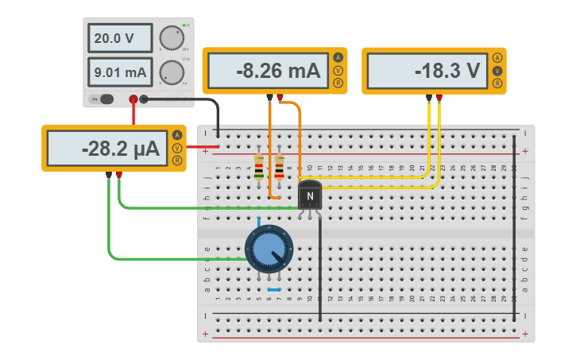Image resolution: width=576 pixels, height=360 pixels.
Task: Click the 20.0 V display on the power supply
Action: click(x=119, y=38)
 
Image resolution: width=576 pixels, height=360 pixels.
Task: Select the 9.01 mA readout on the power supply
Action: click(x=119, y=73)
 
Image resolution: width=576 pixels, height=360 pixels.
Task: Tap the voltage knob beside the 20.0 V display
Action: click(x=169, y=37)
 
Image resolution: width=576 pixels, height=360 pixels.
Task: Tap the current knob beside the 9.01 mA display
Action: click(x=169, y=73)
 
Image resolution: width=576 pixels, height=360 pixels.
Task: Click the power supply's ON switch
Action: click(x=102, y=99)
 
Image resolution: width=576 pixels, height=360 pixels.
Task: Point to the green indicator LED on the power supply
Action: click(x=184, y=26)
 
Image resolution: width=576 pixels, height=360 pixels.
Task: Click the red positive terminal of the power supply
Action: click(x=133, y=99)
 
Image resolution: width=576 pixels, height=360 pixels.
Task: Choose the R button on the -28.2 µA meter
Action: click(x=176, y=161)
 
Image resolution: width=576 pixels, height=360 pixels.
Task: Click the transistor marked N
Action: click(x=310, y=196)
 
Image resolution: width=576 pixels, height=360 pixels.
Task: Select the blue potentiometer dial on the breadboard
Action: click(x=269, y=249)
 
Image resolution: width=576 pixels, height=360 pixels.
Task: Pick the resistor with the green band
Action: click(x=259, y=167)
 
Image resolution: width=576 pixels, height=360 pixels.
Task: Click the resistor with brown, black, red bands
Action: click(x=280, y=167)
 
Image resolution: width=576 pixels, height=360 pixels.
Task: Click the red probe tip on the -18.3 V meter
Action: click(x=439, y=98)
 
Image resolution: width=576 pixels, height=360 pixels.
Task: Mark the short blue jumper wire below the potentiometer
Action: click(x=274, y=289)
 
